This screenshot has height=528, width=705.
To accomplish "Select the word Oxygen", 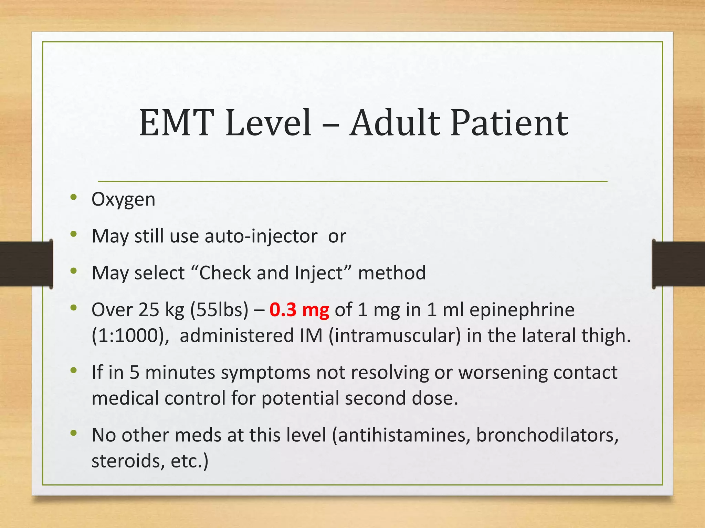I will coord(123,199).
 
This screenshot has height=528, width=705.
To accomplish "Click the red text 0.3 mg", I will coord(299,310).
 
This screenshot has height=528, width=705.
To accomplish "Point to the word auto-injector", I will coord(261,236).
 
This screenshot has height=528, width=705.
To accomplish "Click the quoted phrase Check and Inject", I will coord(271,273).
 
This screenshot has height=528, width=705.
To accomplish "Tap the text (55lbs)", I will coord(219,310).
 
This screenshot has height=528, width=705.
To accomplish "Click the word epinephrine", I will coord(522,310).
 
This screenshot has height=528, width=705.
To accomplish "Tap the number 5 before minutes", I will coord(134,372).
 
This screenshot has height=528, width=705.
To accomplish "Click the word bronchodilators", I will coord(547,435).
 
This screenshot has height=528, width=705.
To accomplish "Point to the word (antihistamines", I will coord(401,435).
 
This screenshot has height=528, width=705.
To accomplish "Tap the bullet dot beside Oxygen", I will coord(73,197).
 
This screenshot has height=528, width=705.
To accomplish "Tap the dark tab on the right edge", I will coord(678,264).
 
